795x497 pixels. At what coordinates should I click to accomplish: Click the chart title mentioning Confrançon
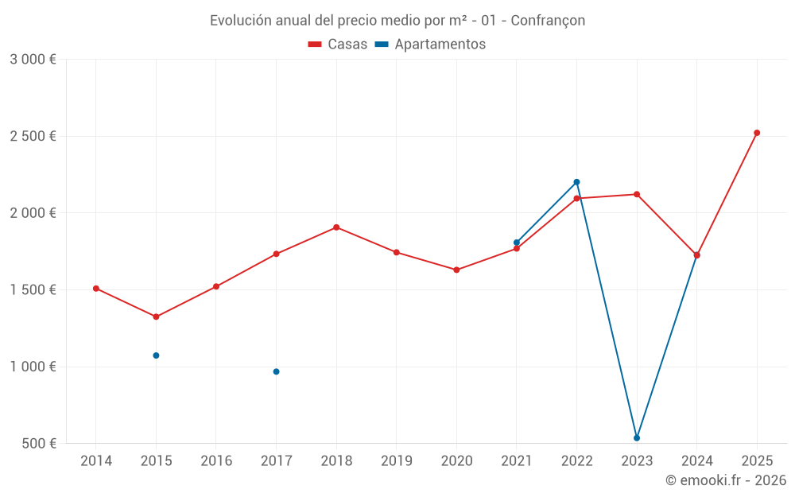pyautogui.click(x=397, y=21)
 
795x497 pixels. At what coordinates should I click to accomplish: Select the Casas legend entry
pyautogui.click(x=338, y=45)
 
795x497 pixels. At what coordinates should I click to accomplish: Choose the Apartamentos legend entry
pyautogui.click(x=430, y=45)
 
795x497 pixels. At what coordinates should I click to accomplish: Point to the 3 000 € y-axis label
pyautogui.click(x=33, y=60)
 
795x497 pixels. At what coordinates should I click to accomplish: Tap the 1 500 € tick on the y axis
pyautogui.click(x=33, y=290)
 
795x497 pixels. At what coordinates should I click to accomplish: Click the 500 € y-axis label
pyautogui.click(x=38, y=444)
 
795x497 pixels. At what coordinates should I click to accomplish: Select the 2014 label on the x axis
pyautogui.click(x=96, y=461)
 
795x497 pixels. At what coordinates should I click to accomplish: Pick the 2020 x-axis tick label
pyautogui.click(x=456, y=461)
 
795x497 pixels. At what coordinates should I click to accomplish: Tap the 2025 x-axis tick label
pyautogui.click(x=757, y=461)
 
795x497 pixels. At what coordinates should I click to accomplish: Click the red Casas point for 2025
pyautogui.click(x=757, y=133)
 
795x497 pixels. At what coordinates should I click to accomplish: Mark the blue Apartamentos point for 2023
pyautogui.click(x=637, y=438)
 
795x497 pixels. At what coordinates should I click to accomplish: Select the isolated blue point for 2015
pyautogui.click(x=156, y=355)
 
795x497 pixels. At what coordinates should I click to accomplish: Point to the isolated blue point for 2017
pyautogui.click(x=276, y=371)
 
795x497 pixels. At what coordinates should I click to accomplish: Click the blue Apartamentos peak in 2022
pyautogui.click(x=576, y=182)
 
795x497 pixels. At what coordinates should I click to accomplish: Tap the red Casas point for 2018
pyautogui.click(x=336, y=227)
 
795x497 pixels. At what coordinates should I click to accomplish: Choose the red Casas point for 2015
pyautogui.click(x=156, y=316)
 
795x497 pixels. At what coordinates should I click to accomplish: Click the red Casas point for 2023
pyautogui.click(x=637, y=194)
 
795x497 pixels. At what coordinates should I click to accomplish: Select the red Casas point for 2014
pyautogui.click(x=96, y=289)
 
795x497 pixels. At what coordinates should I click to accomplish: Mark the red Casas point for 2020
pyautogui.click(x=456, y=270)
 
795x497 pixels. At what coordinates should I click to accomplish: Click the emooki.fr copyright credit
pyautogui.click(x=725, y=480)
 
